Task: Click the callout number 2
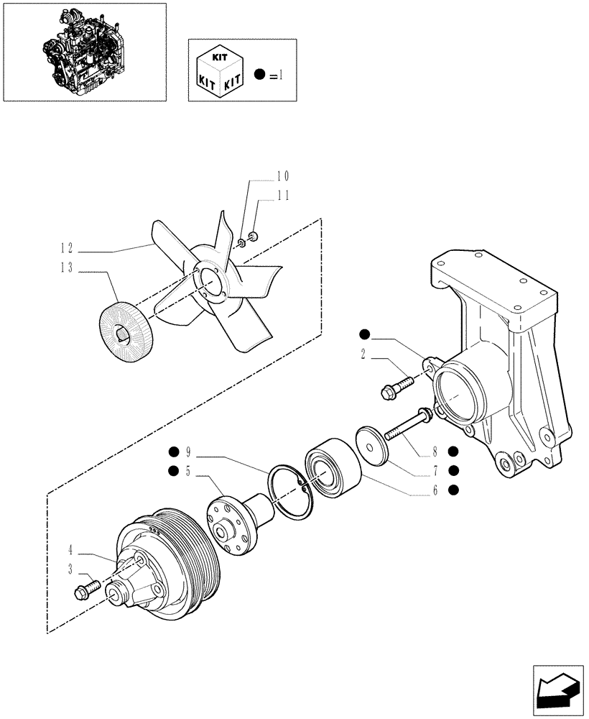[x=363, y=353]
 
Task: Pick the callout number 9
[x=187, y=452]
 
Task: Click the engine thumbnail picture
[x=85, y=51]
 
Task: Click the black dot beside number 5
[x=173, y=471]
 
